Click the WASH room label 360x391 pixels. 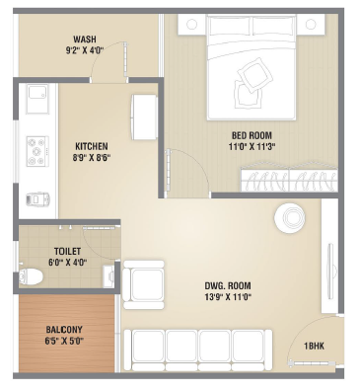85,39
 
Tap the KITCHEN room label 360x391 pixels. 92,146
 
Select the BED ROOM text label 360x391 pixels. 252,135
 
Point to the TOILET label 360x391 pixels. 67,252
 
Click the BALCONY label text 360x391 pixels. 64,330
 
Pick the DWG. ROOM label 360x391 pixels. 228,285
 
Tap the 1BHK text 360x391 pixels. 314,346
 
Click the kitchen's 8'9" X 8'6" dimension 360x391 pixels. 92,157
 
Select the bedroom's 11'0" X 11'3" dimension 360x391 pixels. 252,146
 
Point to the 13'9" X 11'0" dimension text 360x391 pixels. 228,297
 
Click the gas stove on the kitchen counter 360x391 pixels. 37,151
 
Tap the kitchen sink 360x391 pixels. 37,99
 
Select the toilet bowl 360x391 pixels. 31,276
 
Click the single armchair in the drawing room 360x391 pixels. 143,284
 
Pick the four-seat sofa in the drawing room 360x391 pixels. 198,351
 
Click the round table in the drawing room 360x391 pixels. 290,218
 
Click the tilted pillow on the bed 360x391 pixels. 255,76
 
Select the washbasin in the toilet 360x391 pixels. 108,275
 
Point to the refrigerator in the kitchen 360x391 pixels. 144,117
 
